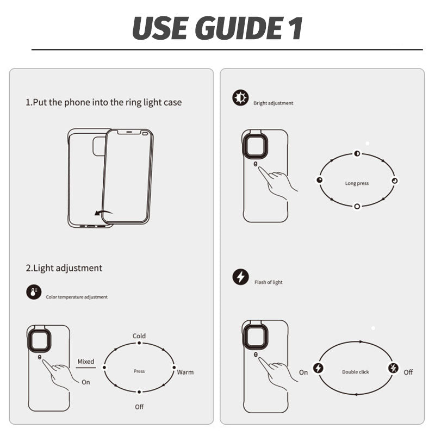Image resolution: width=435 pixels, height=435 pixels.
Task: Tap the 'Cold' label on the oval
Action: pyautogui.click(x=139, y=336)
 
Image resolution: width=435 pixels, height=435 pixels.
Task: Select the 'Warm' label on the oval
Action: pyautogui.click(x=185, y=372)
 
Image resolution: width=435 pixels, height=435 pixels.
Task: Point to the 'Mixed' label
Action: pyautogui.click(x=86, y=362)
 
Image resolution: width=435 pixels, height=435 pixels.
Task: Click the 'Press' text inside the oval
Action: pyautogui.click(x=139, y=371)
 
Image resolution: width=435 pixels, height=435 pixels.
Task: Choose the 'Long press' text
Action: pyautogui.click(x=357, y=183)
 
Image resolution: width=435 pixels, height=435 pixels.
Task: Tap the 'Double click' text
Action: pyautogui.click(x=356, y=372)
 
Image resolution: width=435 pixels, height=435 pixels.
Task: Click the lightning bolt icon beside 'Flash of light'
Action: pyautogui.click(x=240, y=277)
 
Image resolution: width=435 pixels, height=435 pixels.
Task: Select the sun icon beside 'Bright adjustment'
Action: pyautogui.click(x=240, y=98)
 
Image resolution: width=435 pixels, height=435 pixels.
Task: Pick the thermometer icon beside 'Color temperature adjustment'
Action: pyautogui.click(x=34, y=292)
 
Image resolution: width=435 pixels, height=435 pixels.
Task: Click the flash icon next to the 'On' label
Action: pyautogui.click(x=319, y=368)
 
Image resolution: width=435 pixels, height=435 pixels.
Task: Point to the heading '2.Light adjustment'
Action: pyautogui.click(x=64, y=268)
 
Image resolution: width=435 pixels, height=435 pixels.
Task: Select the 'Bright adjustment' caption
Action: pyautogui.click(x=274, y=103)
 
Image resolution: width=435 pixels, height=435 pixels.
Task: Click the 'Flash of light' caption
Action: pyautogui.click(x=269, y=282)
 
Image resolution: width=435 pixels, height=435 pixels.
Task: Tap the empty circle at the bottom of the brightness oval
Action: pyautogui.click(x=357, y=207)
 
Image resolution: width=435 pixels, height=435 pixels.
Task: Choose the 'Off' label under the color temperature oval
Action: pyautogui.click(x=139, y=407)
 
